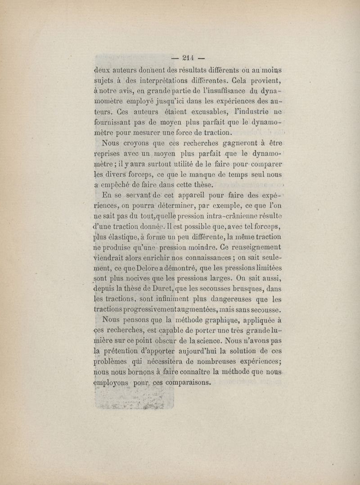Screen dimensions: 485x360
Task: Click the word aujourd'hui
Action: coord(209,352)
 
